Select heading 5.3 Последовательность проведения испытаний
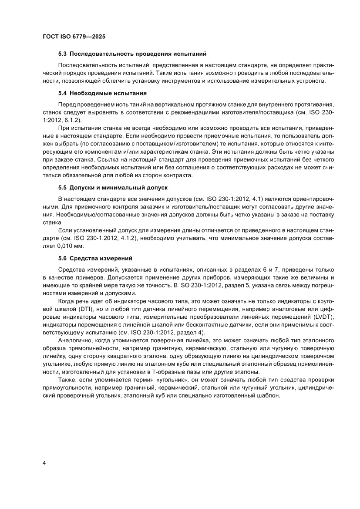coord(132,54)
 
